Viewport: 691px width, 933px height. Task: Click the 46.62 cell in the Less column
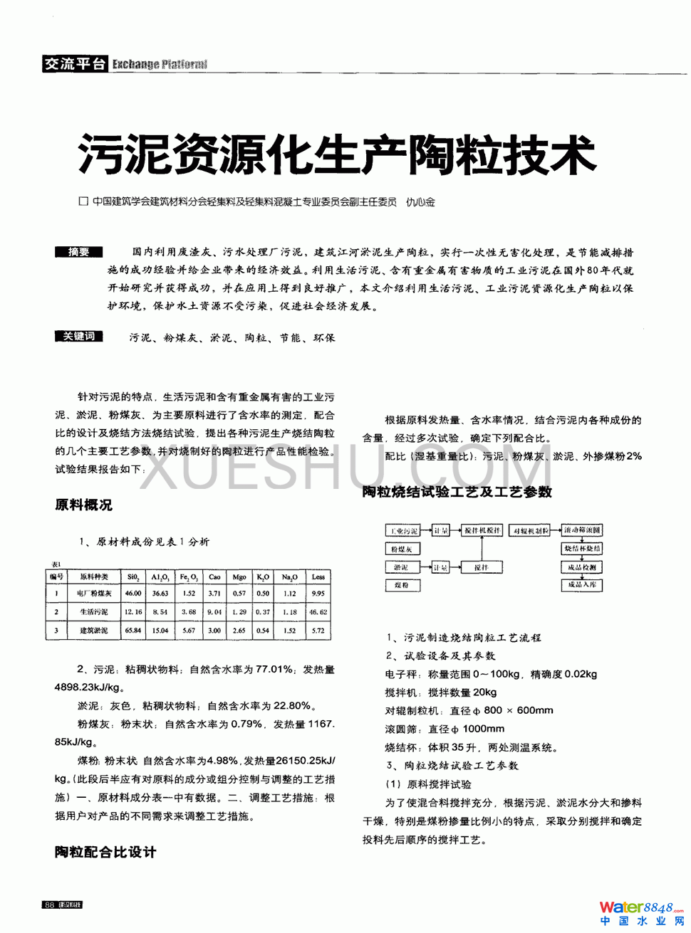[x=318, y=612]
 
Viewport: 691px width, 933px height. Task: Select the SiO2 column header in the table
[x=133, y=577]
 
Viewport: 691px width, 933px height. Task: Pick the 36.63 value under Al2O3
[x=160, y=594]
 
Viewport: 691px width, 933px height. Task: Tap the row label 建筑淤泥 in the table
[x=94, y=631]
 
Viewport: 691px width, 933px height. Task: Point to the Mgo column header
[x=239, y=577]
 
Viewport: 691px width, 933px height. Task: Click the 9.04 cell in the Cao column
[x=214, y=612]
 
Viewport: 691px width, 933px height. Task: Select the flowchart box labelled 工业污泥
[x=403, y=531]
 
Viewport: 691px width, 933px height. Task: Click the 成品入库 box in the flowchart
[x=582, y=585]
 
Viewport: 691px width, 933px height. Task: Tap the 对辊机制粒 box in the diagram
[x=531, y=531]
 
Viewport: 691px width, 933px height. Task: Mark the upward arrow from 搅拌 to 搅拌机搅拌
[x=482, y=549]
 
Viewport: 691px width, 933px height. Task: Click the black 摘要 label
[x=78, y=252]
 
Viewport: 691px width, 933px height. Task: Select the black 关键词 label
[x=78, y=337]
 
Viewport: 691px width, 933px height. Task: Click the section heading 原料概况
[x=83, y=505]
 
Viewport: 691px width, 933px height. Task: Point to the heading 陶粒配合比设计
[x=105, y=852]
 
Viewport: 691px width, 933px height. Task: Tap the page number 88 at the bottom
[x=49, y=905]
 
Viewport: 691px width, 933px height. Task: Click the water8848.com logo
[x=640, y=912]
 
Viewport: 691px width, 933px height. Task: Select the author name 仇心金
[x=420, y=202]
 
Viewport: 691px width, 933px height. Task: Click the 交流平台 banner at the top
[x=74, y=64]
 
